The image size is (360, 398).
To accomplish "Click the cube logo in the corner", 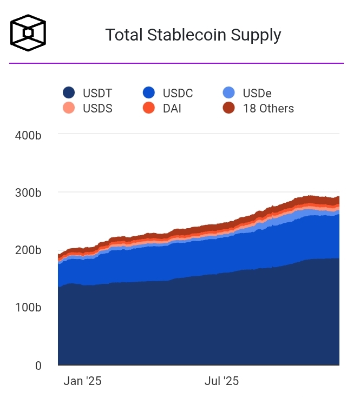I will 28,33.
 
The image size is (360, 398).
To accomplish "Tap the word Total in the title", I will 123,35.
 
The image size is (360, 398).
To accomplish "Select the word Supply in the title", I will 256,36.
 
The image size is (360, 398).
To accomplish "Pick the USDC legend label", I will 178,94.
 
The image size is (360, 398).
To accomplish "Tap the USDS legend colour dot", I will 69,108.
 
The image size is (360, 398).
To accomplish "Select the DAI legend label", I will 172,108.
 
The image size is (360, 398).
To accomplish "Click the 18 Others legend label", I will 268,108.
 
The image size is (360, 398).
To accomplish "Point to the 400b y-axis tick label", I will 28,135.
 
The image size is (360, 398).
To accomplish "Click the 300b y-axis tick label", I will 28,193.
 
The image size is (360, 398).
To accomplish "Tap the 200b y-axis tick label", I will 28,250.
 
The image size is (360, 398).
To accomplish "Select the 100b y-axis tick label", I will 28,308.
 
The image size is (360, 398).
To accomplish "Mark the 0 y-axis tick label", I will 37,366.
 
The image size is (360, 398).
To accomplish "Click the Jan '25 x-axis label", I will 82,381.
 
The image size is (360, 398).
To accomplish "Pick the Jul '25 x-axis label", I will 221,381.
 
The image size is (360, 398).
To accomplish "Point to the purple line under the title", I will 176,63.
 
